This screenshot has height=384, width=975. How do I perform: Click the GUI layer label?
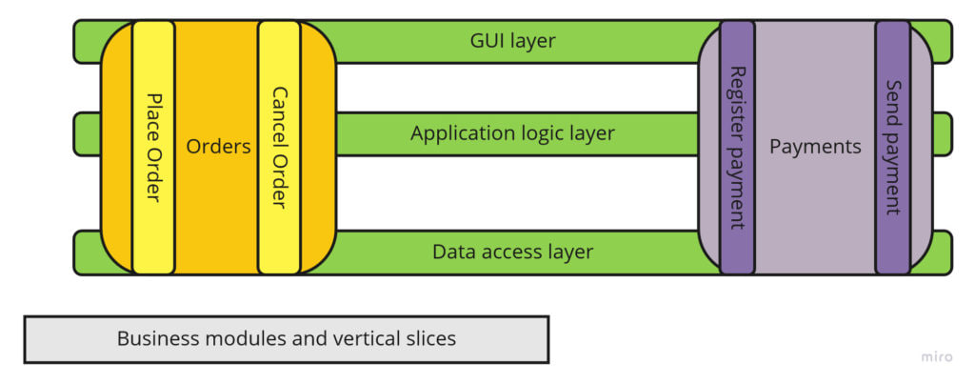pos(512,41)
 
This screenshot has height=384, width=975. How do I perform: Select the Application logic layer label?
pos(512,133)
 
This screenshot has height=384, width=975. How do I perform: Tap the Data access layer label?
pos(512,252)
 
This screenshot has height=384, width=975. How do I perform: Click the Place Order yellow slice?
pos(153,148)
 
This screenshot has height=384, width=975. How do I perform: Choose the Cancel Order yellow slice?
pos(279,148)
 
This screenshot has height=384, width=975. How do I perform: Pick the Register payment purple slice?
pos(737,148)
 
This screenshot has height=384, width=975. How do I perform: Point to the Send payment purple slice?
pos(892,148)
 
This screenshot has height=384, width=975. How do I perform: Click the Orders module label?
pos(218,147)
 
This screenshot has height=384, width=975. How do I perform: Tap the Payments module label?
pos(815,147)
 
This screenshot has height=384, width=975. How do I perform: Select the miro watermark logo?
pos(936,356)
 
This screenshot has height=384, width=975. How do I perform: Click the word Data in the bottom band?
pos(453,252)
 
